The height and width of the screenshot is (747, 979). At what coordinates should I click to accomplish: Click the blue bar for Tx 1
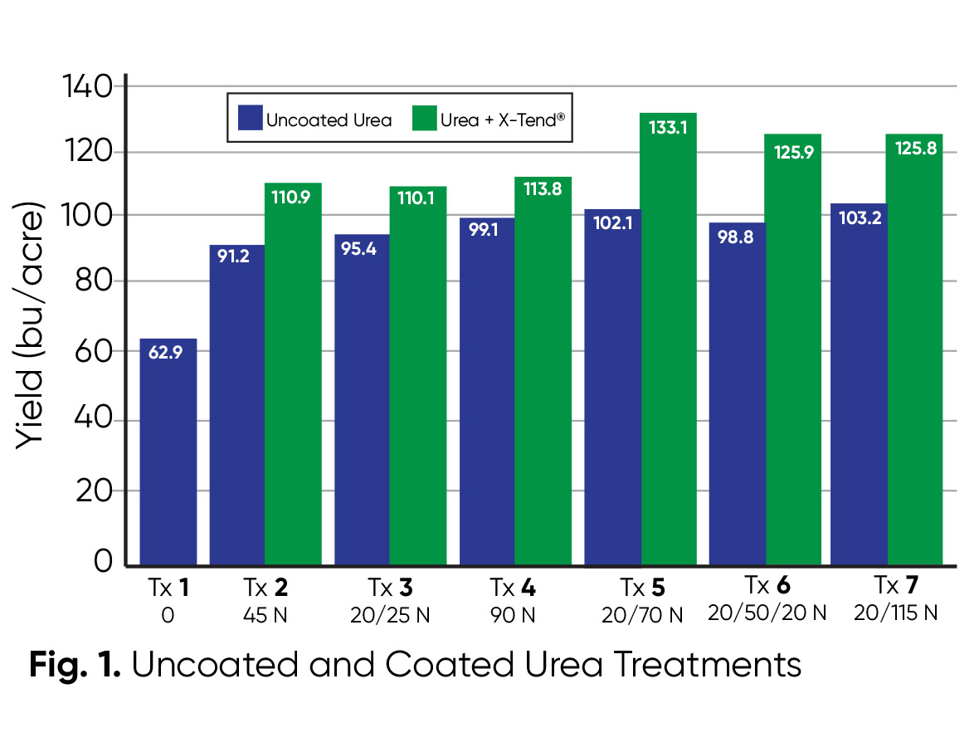tap(168, 452)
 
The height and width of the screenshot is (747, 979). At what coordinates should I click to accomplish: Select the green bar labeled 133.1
tap(667, 340)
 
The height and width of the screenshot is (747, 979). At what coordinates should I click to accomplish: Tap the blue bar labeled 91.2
tap(236, 407)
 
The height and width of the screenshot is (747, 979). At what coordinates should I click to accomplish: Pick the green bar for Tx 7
tap(915, 349)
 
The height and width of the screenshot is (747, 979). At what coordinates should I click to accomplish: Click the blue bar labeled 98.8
tap(737, 394)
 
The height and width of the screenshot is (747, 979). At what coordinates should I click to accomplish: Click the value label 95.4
tap(362, 249)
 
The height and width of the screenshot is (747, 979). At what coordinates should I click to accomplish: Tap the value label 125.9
tap(793, 150)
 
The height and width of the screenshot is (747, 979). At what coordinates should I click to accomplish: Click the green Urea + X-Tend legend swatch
tap(423, 118)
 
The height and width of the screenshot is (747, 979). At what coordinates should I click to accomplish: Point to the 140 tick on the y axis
tap(87, 86)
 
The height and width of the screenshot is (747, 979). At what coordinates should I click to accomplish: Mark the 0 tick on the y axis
tap(104, 562)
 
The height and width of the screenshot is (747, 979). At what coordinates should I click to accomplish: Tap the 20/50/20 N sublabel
tap(767, 613)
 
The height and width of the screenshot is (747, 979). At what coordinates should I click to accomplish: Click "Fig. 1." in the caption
tap(75, 666)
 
